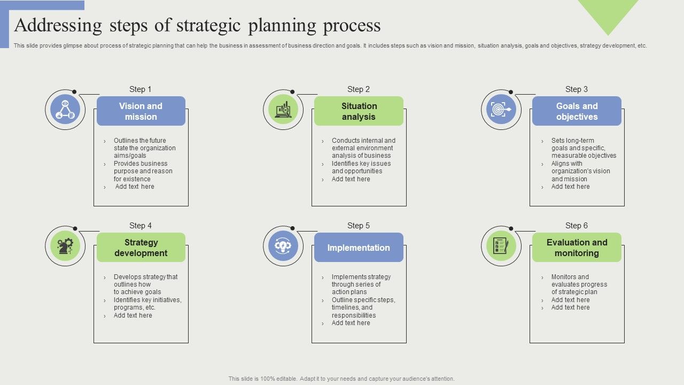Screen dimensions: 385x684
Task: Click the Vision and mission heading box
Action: click(141, 111)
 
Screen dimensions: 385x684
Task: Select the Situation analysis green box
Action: click(359, 111)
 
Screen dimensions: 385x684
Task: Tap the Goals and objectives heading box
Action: click(577, 111)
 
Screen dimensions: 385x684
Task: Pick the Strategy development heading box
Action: click(141, 248)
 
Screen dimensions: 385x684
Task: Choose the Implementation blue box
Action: click(359, 248)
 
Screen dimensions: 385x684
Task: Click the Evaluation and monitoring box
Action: click(577, 248)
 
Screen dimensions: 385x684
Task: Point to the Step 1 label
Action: click(141, 89)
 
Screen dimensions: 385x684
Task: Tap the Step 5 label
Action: click(359, 226)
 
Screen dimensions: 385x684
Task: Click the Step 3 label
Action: click(577, 89)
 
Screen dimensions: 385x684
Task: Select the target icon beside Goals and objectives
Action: click(501, 110)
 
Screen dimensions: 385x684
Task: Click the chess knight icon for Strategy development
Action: click(65, 246)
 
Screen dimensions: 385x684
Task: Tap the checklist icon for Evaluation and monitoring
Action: click(501, 246)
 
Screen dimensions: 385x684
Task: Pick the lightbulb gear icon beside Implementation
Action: click(283, 246)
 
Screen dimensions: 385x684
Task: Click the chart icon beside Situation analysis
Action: click(283, 110)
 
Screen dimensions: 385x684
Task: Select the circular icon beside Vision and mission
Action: click(65, 110)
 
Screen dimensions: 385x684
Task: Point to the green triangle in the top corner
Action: click(608, 13)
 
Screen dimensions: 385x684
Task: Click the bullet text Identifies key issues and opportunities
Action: click(361, 167)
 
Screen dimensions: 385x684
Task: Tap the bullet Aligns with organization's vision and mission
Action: click(580, 171)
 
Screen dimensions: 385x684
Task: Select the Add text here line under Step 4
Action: click(133, 315)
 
